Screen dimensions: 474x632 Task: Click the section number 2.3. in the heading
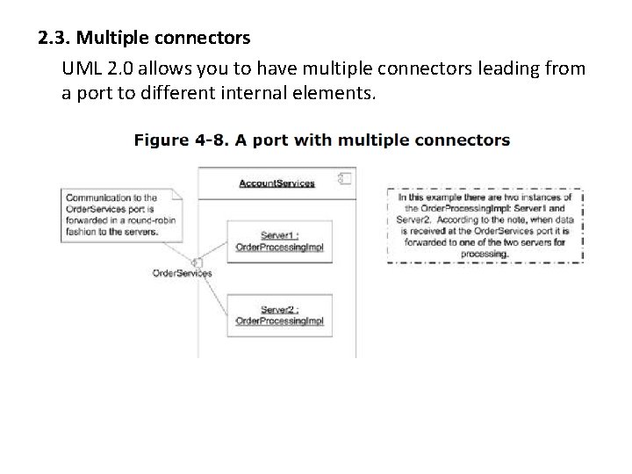tap(57, 39)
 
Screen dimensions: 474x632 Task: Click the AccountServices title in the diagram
tap(276, 183)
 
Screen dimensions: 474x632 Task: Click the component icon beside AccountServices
tap(345, 181)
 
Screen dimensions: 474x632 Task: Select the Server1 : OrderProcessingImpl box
tap(279, 241)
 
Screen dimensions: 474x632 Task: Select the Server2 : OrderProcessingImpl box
tap(279, 315)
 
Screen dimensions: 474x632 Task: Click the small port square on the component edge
tap(199, 263)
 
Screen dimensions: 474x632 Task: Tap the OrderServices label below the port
tap(183, 274)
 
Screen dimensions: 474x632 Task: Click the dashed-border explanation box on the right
tap(485, 225)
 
